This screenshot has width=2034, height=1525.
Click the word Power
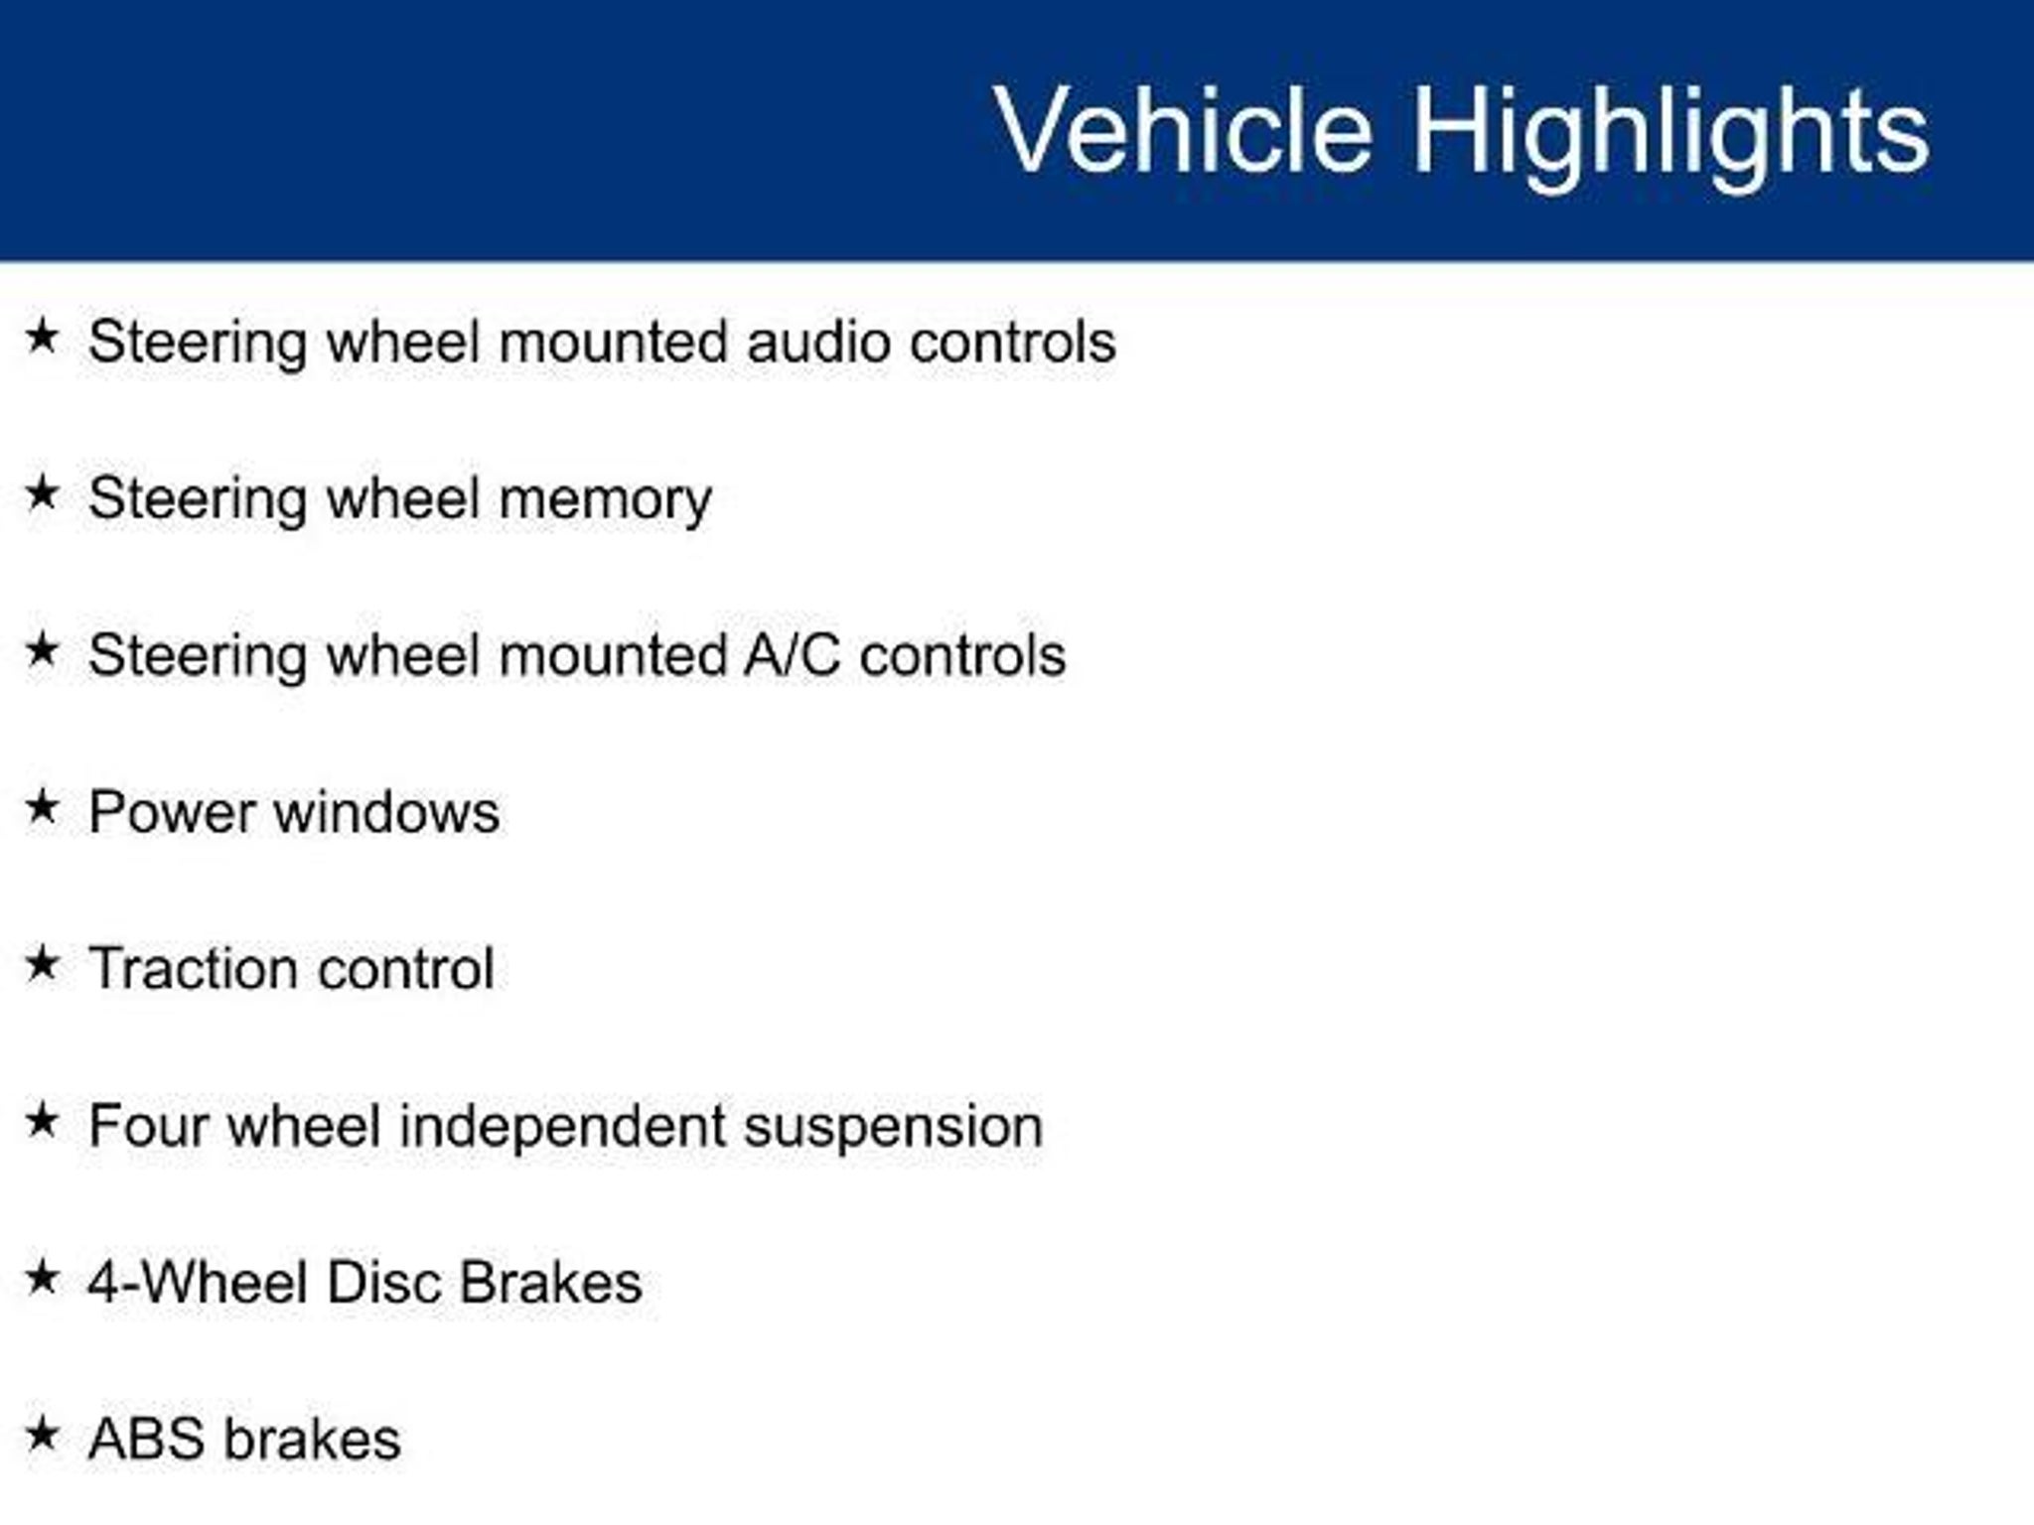[173, 812]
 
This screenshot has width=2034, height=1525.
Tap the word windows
[386, 812]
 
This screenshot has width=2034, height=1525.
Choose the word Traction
[195, 969]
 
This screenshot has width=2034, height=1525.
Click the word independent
[562, 1126]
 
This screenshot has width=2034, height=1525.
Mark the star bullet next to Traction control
[42, 963]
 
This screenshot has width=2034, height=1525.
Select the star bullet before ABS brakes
[42, 1434]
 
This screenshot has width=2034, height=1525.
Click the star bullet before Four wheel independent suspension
[42, 1120]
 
